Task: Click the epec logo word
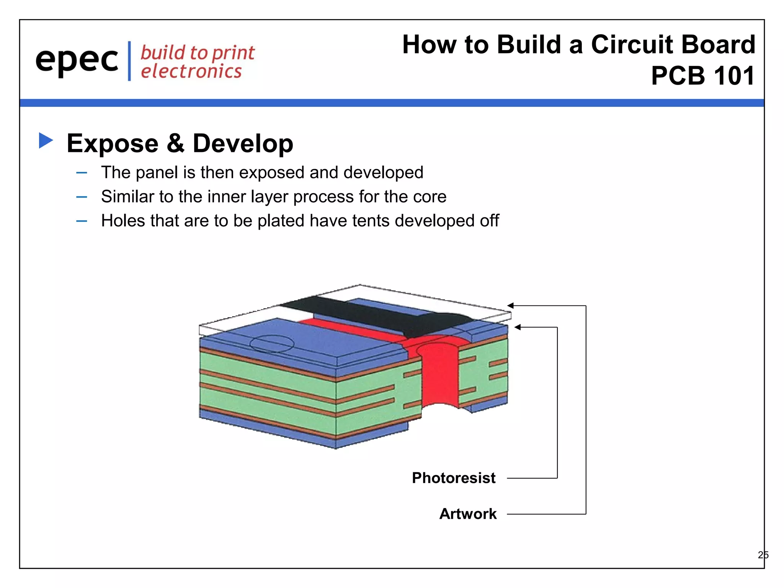77,60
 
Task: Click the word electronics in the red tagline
191,72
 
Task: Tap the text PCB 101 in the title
703,76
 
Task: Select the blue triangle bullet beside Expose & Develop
45,140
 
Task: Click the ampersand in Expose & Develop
176,143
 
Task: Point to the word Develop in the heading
243,144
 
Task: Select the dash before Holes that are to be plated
82,221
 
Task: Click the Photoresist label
453,478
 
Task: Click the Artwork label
468,514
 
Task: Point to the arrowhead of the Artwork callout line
510,305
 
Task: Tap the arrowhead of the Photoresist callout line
518,327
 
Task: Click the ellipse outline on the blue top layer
272,343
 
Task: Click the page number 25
763,555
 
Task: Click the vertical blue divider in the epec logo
129,61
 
